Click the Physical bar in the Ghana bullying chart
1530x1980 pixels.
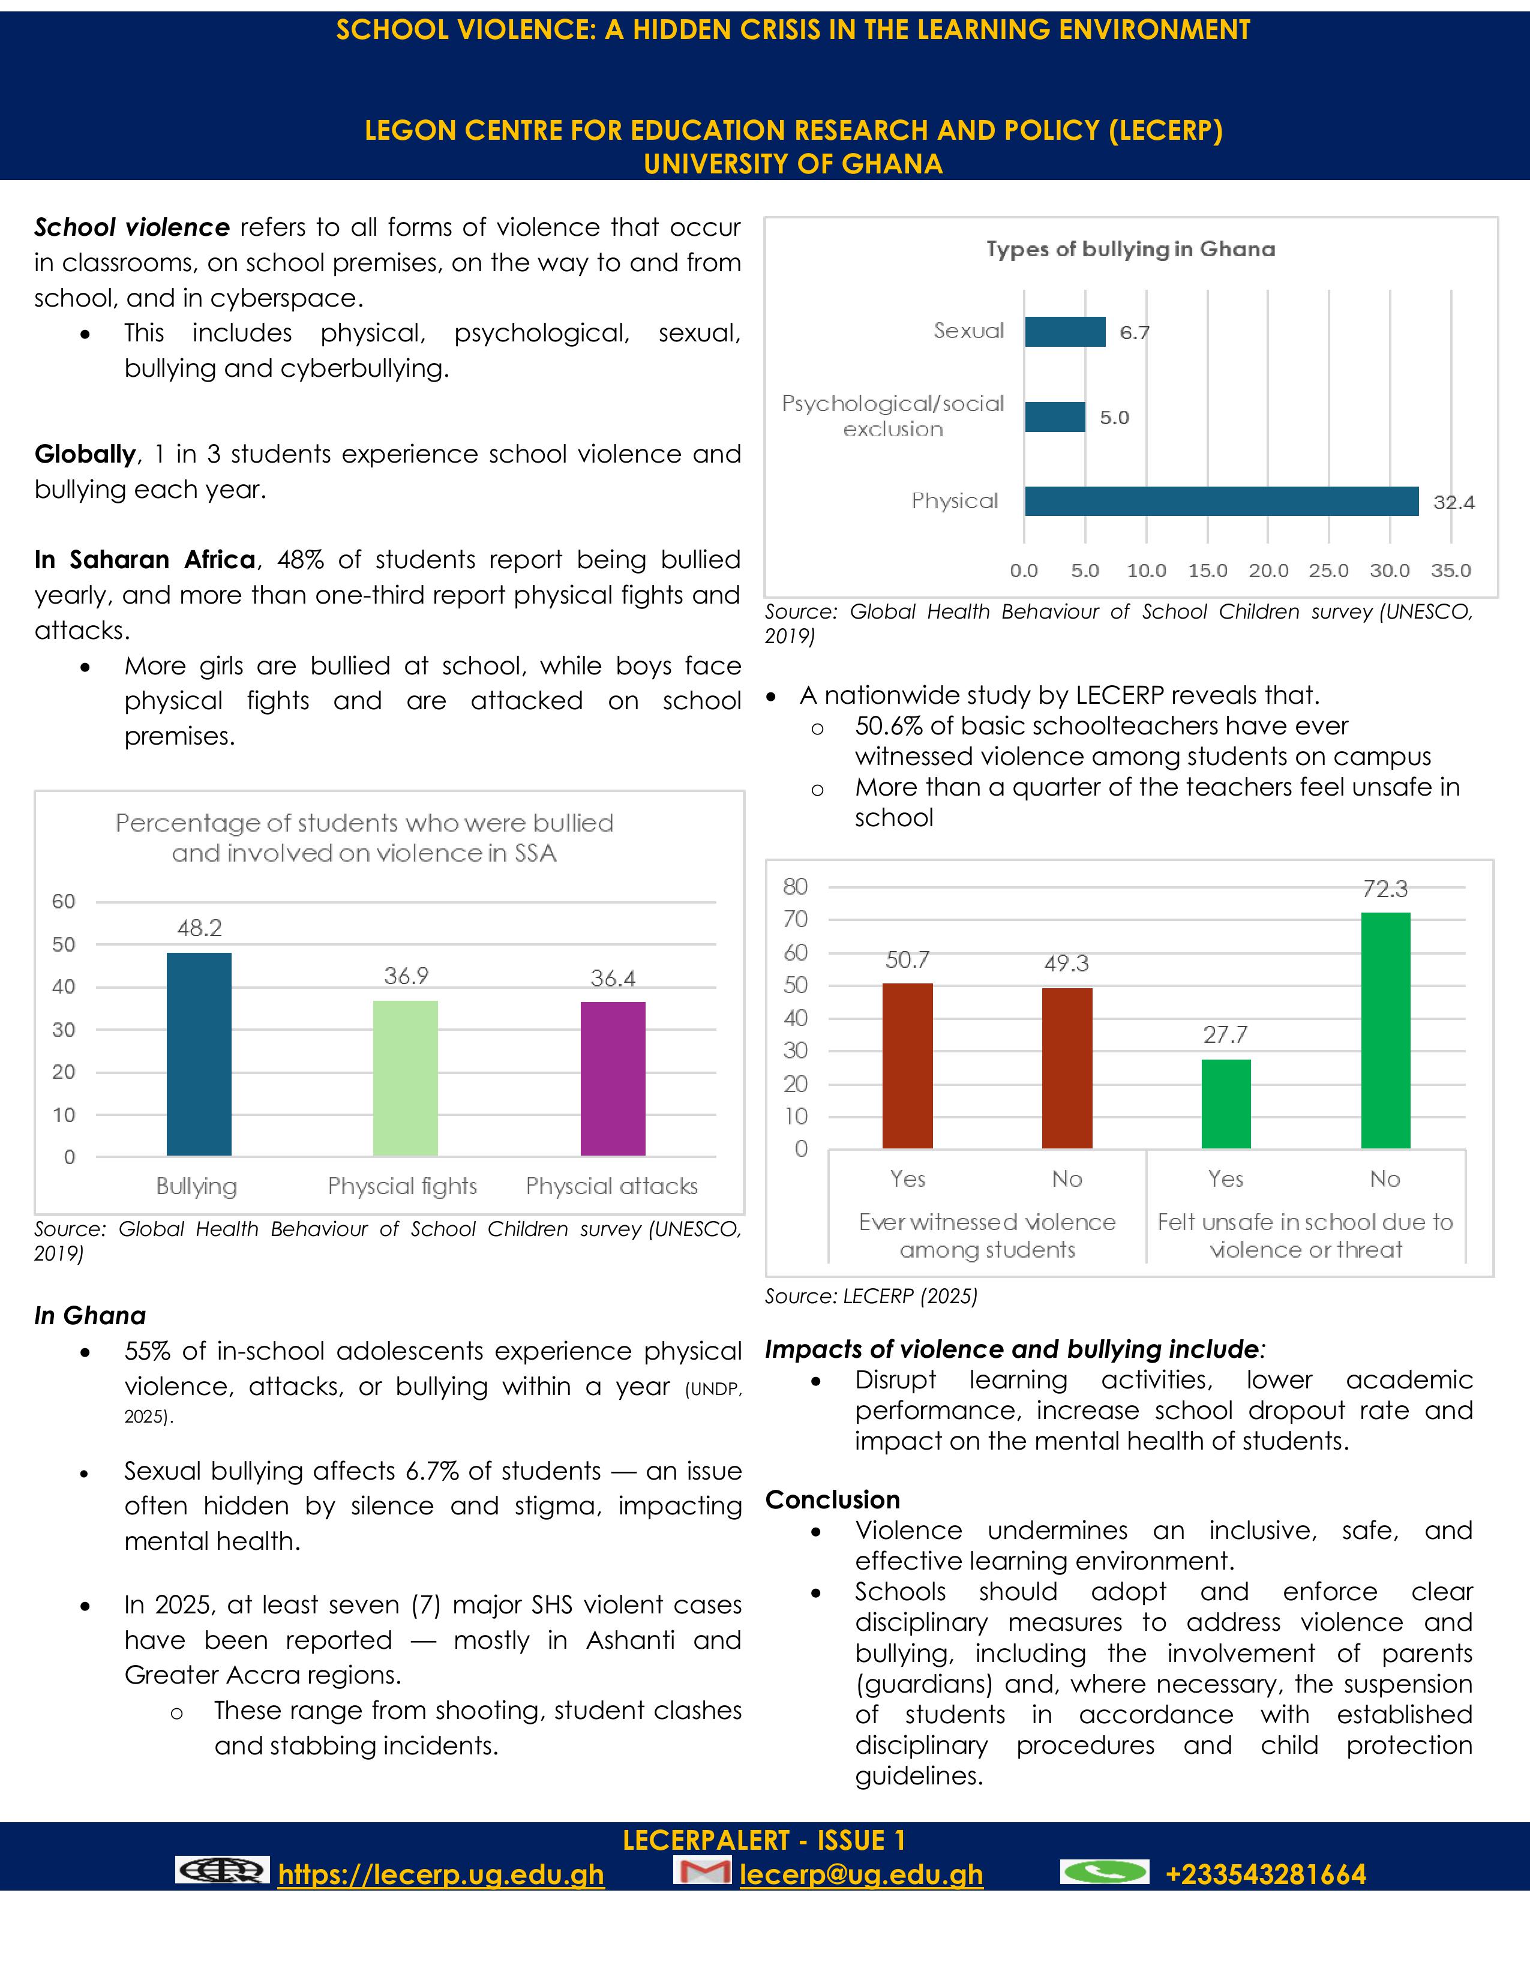tap(1221, 502)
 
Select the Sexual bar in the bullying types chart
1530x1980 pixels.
tap(1065, 332)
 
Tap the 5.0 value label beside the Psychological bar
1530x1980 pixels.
tap(1114, 418)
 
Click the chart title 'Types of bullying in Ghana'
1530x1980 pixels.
tap(1130, 250)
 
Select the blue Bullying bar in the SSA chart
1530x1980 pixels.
tap(199, 1054)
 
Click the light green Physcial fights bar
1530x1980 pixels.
tap(405, 1078)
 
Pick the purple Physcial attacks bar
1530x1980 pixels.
tap(613, 1079)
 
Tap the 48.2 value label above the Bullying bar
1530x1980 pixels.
tap(199, 928)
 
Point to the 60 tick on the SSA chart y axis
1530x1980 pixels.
tap(64, 902)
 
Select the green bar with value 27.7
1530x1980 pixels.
tap(1225, 1103)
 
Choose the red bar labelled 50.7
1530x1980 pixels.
tap(907, 1066)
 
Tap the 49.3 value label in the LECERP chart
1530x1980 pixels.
tap(1066, 964)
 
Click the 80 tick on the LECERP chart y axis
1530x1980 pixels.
tap(795, 887)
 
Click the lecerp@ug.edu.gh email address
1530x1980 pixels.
tap(861, 1875)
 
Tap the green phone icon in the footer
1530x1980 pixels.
tap(1104, 1871)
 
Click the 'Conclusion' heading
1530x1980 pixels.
tap(832, 1499)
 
